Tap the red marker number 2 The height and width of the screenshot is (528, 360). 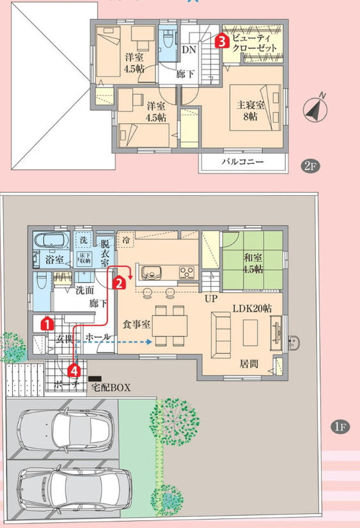point(118,281)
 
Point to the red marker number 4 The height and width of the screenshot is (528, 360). point(74,369)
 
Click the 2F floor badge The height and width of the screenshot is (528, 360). point(309,167)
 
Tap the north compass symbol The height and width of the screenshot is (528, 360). point(315,109)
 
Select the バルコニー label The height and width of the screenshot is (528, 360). point(242,163)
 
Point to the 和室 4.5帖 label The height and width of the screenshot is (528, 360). point(253,262)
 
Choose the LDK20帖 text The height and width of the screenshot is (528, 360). point(251,308)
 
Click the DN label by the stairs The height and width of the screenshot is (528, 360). point(189,49)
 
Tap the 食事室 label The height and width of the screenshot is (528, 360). point(136,324)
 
